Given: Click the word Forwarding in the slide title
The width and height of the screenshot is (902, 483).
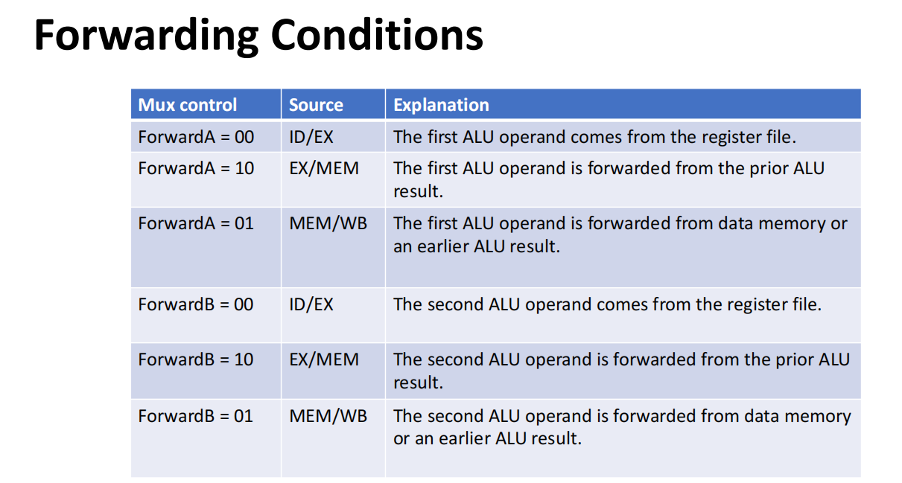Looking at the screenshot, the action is (x=146, y=36).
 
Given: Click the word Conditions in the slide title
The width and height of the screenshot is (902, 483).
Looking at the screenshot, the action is (x=376, y=35).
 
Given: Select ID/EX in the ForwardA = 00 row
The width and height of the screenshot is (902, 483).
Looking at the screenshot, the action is (x=311, y=137).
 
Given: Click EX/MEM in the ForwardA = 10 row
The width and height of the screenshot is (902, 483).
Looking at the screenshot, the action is (x=324, y=168).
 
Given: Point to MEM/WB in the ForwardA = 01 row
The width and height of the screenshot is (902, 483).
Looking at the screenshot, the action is (x=328, y=223).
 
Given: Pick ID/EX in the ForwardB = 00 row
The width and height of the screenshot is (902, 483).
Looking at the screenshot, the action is (x=311, y=304).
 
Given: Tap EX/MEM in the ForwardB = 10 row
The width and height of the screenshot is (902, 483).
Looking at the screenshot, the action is (x=324, y=360).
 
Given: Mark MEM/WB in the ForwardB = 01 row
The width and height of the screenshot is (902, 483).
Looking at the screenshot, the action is (x=328, y=416).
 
